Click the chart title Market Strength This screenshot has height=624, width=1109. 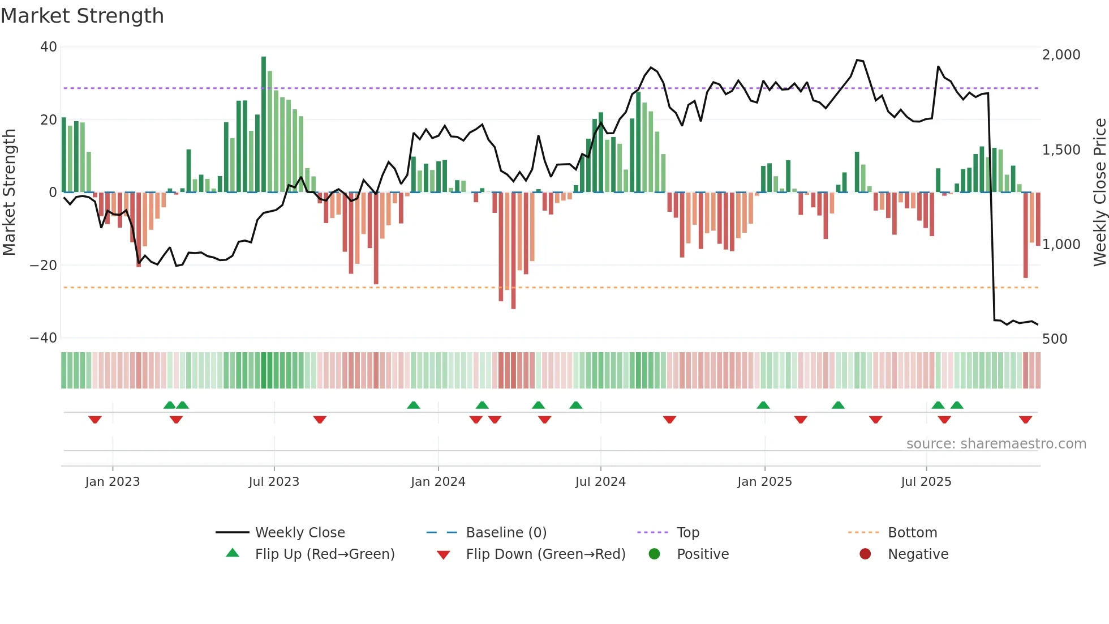(x=82, y=16)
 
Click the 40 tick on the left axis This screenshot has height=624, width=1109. (x=49, y=47)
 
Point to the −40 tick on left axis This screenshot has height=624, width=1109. (x=44, y=338)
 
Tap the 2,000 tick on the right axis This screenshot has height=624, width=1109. (x=1061, y=55)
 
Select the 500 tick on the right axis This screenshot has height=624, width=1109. (x=1055, y=339)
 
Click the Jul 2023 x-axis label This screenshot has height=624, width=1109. (x=274, y=482)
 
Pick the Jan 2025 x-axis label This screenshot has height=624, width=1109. (x=764, y=482)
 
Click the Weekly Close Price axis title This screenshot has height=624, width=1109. (x=1099, y=193)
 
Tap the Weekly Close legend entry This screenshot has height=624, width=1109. (x=299, y=533)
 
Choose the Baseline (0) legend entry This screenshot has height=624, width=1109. (x=506, y=533)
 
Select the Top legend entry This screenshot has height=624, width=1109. (x=687, y=533)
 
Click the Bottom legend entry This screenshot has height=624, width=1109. (x=912, y=533)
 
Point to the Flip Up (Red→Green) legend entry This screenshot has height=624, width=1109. (x=324, y=554)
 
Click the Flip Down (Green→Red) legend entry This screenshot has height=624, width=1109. (x=545, y=554)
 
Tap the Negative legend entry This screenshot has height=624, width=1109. (x=918, y=554)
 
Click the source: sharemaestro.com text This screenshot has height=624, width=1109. (x=996, y=444)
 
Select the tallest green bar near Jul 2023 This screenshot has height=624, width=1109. (x=264, y=125)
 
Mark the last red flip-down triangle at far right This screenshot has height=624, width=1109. (x=1025, y=420)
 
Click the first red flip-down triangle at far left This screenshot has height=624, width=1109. (x=95, y=420)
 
